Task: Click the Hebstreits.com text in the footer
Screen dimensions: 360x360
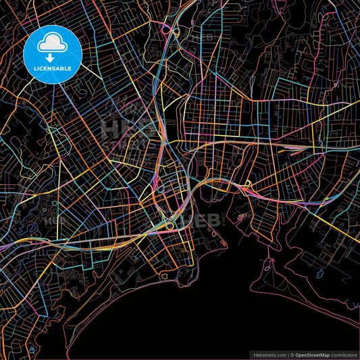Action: pos(265,354)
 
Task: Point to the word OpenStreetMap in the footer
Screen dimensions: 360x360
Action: pos(313,354)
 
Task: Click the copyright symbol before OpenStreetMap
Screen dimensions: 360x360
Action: pos(292,354)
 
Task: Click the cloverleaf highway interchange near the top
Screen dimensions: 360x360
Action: pos(166,30)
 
